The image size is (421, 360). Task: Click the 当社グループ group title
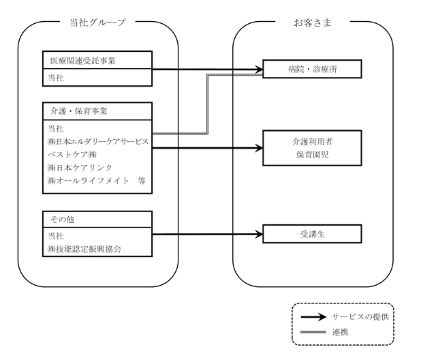[97, 22]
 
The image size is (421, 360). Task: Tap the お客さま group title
[312, 22]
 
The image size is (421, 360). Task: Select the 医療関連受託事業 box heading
[82, 61]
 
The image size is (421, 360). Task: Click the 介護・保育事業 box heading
[78, 111]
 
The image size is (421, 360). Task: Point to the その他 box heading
[62, 220]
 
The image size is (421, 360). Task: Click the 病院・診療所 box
[312, 69]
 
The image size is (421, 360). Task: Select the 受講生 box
[312, 234]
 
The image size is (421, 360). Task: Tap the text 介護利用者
[313, 142]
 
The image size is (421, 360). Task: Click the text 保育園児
[313, 155]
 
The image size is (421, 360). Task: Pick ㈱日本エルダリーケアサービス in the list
[98, 142]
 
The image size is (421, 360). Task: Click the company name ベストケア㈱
[72, 155]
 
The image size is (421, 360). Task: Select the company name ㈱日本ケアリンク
[80, 168]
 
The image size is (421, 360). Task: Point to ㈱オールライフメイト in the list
[89, 181]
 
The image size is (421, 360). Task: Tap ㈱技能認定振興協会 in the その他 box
[84, 249]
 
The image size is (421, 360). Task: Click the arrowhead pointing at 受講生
[259, 235]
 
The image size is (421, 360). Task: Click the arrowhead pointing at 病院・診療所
[259, 70]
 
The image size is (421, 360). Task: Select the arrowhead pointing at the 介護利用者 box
[259, 148]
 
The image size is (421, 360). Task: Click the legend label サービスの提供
[360, 317]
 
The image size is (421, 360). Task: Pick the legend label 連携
[340, 332]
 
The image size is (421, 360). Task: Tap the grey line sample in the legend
[313, 332]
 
